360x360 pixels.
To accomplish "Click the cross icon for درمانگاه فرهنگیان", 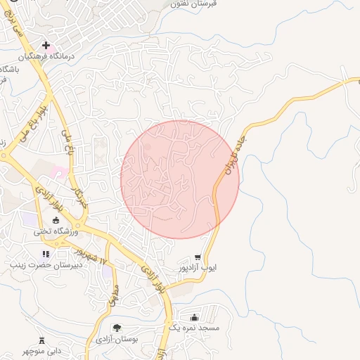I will [x=46, y=45].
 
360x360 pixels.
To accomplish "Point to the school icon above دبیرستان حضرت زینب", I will [x=46, y=254].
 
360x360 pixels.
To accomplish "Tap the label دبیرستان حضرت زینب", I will [x=46, y=265].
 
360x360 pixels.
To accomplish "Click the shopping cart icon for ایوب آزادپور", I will [x=199, y=257].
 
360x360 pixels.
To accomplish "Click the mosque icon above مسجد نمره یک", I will [x=194, y=317].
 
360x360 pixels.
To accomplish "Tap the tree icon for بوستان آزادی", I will [x=117, y=328].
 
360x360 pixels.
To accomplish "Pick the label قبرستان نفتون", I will [x=195, y=4].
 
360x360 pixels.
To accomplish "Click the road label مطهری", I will [x=112, y=295].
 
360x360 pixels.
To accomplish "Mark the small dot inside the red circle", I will [x=148, y=147].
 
